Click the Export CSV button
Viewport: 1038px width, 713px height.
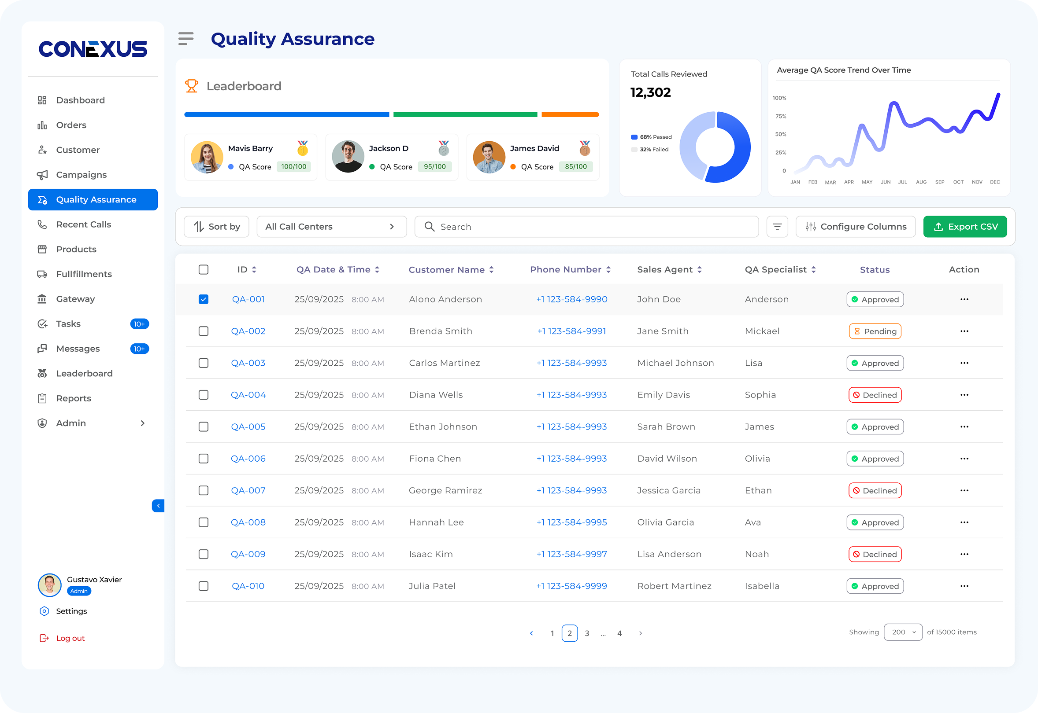point(965,227)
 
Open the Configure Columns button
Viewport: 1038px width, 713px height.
point(855,227)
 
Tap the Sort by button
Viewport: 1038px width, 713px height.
point(216,227)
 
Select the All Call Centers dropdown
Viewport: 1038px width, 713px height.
point(331,227)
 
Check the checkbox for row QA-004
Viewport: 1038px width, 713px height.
point(204,395)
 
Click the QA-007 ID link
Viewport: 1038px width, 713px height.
point(248,491)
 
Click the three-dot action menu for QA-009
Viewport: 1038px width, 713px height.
point(964,554)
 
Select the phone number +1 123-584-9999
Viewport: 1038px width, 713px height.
point(571,586)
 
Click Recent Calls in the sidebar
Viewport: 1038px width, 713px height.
point(84,224)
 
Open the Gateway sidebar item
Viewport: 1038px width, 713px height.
point(75,299)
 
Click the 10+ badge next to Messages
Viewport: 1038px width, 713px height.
point(140,349)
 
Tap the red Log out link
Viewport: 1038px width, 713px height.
point(70,638)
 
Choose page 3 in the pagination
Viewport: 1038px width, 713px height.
point(587,633)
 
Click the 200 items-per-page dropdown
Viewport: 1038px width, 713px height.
point(903,632)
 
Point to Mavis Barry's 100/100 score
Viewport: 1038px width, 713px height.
point(293,167)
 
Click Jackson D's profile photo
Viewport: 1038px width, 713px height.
point(348,157)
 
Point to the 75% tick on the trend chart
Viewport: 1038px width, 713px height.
point(781,116)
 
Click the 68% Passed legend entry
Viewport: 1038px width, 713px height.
point(652,137)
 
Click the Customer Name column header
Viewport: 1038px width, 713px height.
point(446,269)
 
